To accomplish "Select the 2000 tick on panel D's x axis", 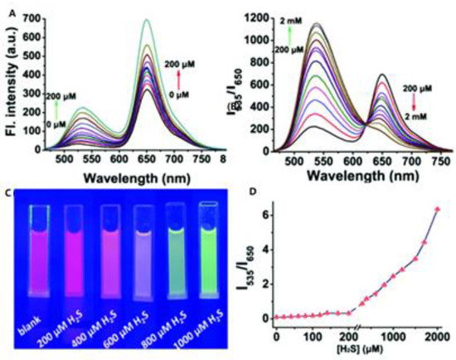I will (436, 333).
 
